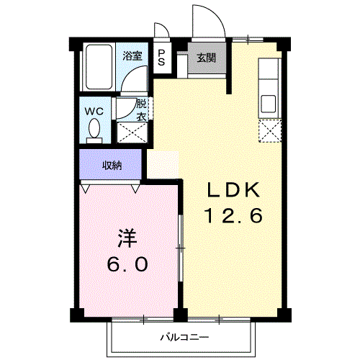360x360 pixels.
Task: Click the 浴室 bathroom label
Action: [131, 55]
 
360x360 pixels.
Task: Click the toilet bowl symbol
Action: [94, 130]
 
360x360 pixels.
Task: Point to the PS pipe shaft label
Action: [161, 58]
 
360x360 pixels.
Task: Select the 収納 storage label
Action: [111, 165]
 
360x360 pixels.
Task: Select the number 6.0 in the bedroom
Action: [127, 264]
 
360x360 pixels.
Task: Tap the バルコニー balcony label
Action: [184, 337]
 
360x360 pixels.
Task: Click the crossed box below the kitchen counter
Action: [269, 130]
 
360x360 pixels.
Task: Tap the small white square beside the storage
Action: [162, 165]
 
